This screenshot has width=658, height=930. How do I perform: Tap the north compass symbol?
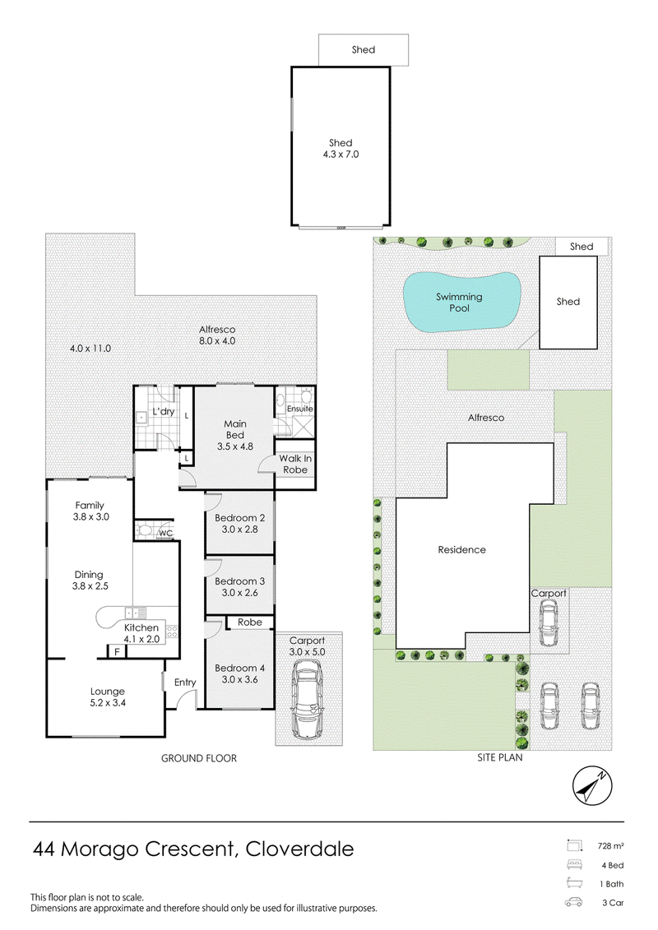[x=592, y=786]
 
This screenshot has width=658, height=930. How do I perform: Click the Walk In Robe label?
[x=295, y=464]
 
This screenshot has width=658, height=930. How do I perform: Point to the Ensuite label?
[x=299, y=409]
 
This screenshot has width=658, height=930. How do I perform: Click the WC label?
[x=165, y=533]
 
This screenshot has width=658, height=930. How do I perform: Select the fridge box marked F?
[x=117, y=652]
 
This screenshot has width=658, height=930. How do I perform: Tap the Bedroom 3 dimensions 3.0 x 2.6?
[x=239, y=593]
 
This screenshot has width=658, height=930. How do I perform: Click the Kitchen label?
[x=141, y=627]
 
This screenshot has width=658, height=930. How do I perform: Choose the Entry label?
[x=185, y=682]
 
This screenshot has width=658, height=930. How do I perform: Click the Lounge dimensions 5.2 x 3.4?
[x=108, y=703]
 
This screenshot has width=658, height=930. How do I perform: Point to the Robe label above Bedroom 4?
[x=250, y=622]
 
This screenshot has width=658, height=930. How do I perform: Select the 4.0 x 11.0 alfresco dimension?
[x=90, y=348]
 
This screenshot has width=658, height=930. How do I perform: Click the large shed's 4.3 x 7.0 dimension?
[x=341, y=155]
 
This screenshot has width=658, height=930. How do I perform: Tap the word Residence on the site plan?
[x=461, y=550]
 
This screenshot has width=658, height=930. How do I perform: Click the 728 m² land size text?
[x=610, y=846]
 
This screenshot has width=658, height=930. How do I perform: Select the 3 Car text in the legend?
[x=613, y=903]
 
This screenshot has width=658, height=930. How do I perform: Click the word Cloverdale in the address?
[x=299, y=849]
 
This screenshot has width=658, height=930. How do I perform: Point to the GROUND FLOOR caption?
[x=199, y=758]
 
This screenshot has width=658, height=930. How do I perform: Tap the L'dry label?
[x=163, y=411]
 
